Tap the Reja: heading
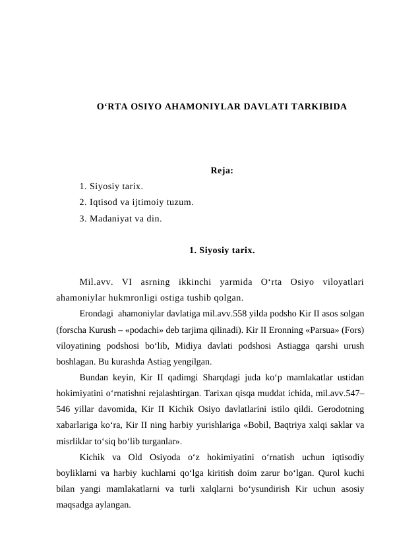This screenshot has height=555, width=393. tap(222, 171)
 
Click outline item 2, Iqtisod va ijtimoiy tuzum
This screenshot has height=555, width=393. tap(136, 202)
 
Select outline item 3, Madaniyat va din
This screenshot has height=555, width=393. tap(120, 217)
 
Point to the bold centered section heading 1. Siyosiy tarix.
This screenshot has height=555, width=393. tap(222, 250)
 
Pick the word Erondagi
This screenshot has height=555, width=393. tap(97, 314)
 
